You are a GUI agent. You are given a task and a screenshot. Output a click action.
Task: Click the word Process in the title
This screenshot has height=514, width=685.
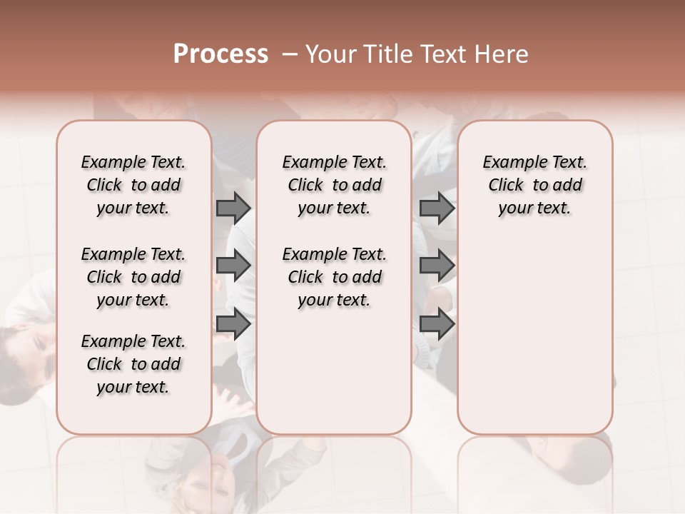click(x=220, y=54)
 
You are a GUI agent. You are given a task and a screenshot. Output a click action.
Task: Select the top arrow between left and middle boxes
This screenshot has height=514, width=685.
click(x=233, y=208)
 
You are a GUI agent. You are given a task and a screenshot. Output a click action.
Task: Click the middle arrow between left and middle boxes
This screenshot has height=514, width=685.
click(x=233, y=266)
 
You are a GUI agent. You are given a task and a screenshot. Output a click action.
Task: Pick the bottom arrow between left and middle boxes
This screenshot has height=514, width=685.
click(x=233, y=324)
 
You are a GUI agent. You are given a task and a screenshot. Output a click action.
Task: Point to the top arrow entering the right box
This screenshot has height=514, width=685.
click(x=437, y=208)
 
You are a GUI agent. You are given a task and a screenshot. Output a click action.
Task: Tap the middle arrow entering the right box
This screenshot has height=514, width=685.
click(x=437, y=266)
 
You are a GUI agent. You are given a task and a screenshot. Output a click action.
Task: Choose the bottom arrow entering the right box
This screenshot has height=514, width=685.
click(x=437, y=324)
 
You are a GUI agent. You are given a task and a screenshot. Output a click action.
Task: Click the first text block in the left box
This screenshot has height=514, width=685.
click(x=133, y=185)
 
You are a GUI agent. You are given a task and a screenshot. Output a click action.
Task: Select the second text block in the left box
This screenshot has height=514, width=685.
click(x=133, y=277)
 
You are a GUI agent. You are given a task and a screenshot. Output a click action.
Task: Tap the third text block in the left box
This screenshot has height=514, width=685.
click(x=133, y=364)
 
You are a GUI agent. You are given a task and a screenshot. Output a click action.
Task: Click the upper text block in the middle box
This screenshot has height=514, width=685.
click(x=334, y=185)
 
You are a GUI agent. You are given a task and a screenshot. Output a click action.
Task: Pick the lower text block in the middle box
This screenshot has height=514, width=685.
click(x=334, y=277)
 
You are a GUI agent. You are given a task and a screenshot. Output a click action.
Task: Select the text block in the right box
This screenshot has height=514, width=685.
click(x=534, y=185)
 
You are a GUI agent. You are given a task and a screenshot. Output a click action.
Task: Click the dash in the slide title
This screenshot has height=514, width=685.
click(x=289, y=54)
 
